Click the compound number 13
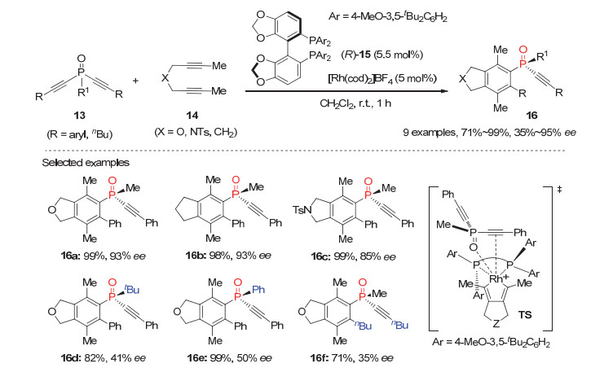(79, 116)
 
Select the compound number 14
(192, 116)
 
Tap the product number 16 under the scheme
(531, 116)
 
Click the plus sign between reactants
(135, 81)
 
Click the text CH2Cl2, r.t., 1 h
(355, 103)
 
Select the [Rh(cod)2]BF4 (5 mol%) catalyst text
(382, 78)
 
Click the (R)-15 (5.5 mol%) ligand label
(382, 55)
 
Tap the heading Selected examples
(86, 163)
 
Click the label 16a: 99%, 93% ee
(104, 256)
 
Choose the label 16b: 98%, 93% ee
(229, 256)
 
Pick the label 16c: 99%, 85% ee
(353, 256)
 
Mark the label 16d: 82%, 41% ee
(104, 358)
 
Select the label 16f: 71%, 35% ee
(351, 358)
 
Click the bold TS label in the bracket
(525, 315)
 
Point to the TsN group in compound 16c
(302, 210)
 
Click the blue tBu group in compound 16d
(131, 289)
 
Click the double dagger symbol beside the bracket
(559, 190)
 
